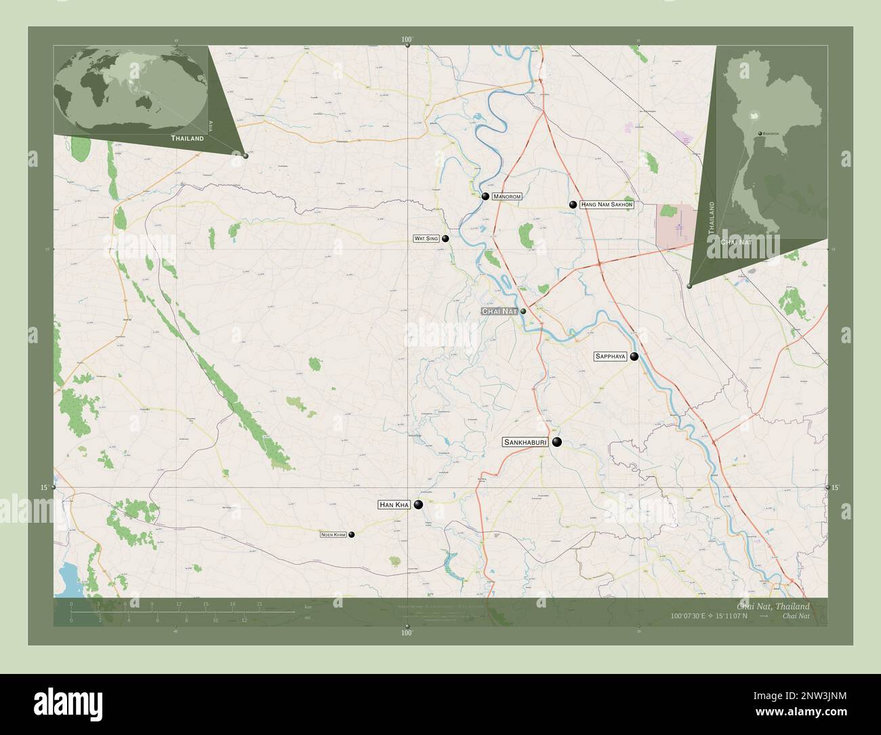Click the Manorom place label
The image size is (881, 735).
[507, 197]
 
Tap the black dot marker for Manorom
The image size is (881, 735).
[485, 197]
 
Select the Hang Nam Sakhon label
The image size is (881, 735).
[607, 204]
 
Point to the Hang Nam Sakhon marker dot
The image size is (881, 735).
[573, 204]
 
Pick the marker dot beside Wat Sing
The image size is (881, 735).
[445, 239]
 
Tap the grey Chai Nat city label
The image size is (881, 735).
[499, 311]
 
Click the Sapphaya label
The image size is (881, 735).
[610, 356]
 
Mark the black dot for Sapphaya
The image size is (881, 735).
[634, 356]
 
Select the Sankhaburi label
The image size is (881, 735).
[525, 442]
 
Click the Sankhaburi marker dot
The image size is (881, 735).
[557, 442]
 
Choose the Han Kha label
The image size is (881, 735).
[394, 504]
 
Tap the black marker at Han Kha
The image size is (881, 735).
[419, 504]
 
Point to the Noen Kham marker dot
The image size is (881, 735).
[351, 535]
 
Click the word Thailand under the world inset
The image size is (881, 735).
[187, 138]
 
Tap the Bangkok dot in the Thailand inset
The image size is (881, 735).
[760, 134]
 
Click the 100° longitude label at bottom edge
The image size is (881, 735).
[407, 633]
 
